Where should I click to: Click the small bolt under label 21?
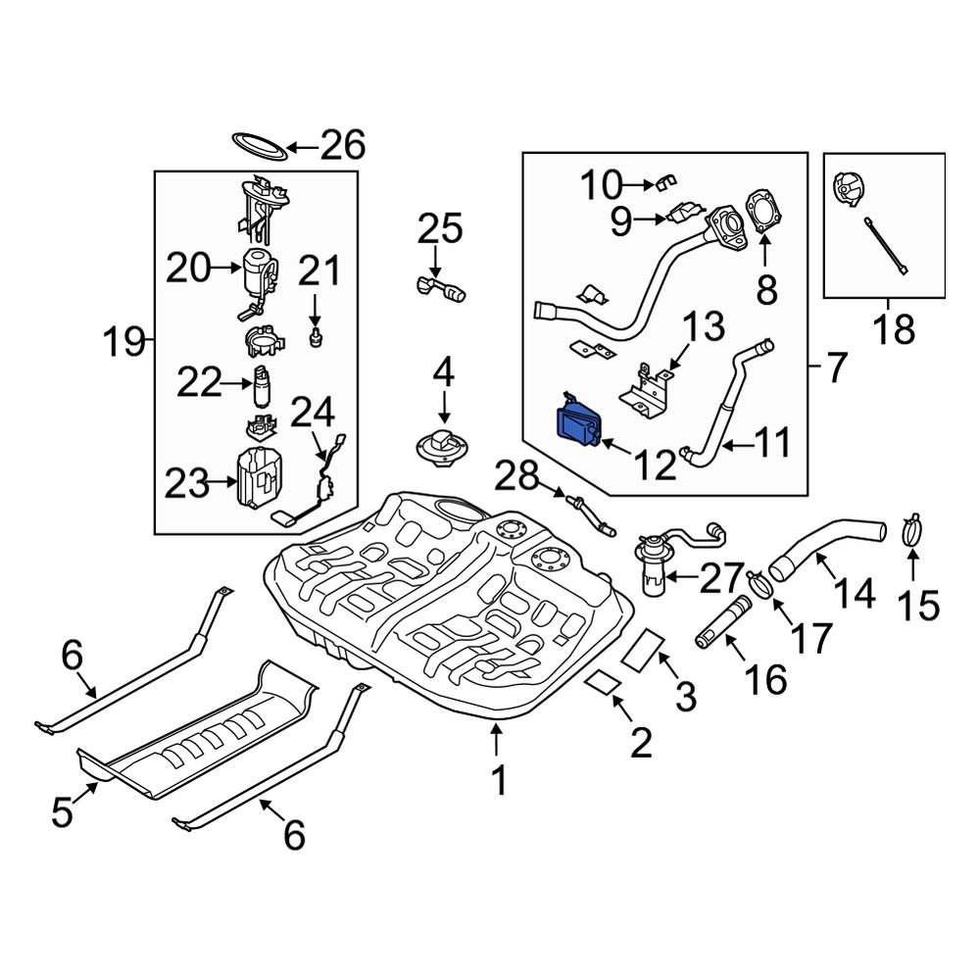tap(316, 338)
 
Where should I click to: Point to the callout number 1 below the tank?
tap(499, 780)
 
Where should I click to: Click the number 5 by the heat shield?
tap(63, 812)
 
